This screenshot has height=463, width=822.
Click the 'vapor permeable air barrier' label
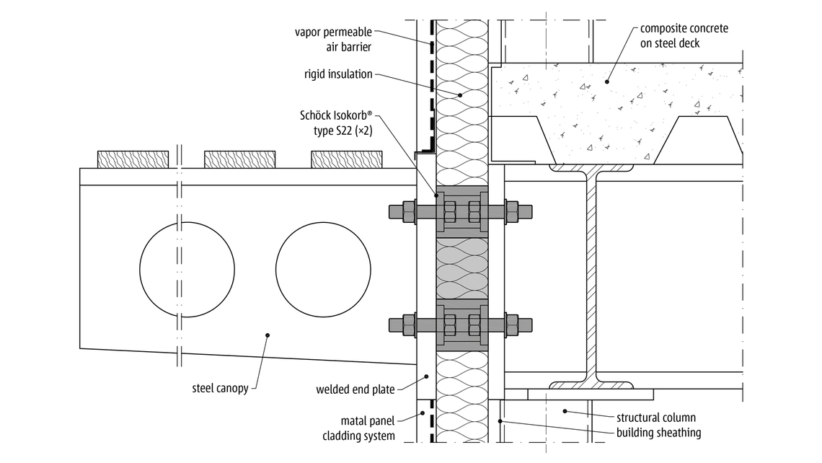tap(334, 39)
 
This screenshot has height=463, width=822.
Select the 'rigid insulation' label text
tap(338, 74)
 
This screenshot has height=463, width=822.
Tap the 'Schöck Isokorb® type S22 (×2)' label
tap(335, 123)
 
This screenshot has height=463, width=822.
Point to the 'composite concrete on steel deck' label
tap(684, 36)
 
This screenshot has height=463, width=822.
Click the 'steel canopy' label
tap(220, 388)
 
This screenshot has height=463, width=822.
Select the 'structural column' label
tap(656, 418)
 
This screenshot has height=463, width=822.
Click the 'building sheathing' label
tap(659, 433)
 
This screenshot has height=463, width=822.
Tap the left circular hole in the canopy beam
tap(177, 268)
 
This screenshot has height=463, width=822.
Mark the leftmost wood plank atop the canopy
tap(133, 159)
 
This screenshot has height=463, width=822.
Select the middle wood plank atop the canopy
tap(239, 159)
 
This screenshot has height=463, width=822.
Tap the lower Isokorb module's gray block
tap(461, 325)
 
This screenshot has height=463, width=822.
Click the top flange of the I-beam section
tap(591, 168)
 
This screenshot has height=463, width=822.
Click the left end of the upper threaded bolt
tap(394, 212)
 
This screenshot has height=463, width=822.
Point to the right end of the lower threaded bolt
tap(528, 325)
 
